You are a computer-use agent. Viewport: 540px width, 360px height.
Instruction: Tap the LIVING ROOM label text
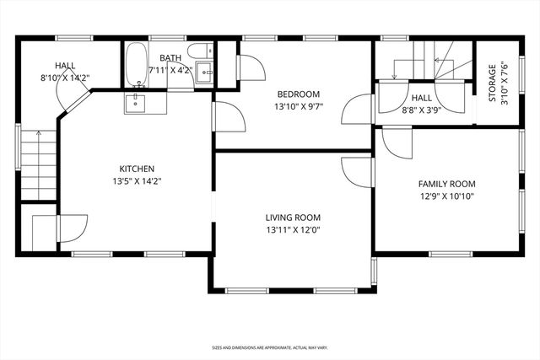pyautogui.click(x=293, y=217)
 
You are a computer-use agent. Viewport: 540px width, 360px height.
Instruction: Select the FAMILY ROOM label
pyautogui.click(x=446, y=184)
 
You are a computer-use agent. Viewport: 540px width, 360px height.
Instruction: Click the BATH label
pyautogui.click(x=170, y=58)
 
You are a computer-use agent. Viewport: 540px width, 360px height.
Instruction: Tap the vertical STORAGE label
pyautogui.click(x=492, y=83)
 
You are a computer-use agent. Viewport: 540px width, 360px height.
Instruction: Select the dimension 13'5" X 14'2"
pyautogui.click(x=136, y=180)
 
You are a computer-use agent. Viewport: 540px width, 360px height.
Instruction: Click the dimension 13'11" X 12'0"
pyautogui.click(x=293, y=229)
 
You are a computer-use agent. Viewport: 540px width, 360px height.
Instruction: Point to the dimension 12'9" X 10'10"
pyautogui.click(x=446, y=196)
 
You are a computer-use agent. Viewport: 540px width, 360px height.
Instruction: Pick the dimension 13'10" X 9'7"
pyautogui.click(x=299, y=106)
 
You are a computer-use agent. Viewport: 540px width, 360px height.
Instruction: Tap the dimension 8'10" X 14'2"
pyautogui.click(x=66, y=78)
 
